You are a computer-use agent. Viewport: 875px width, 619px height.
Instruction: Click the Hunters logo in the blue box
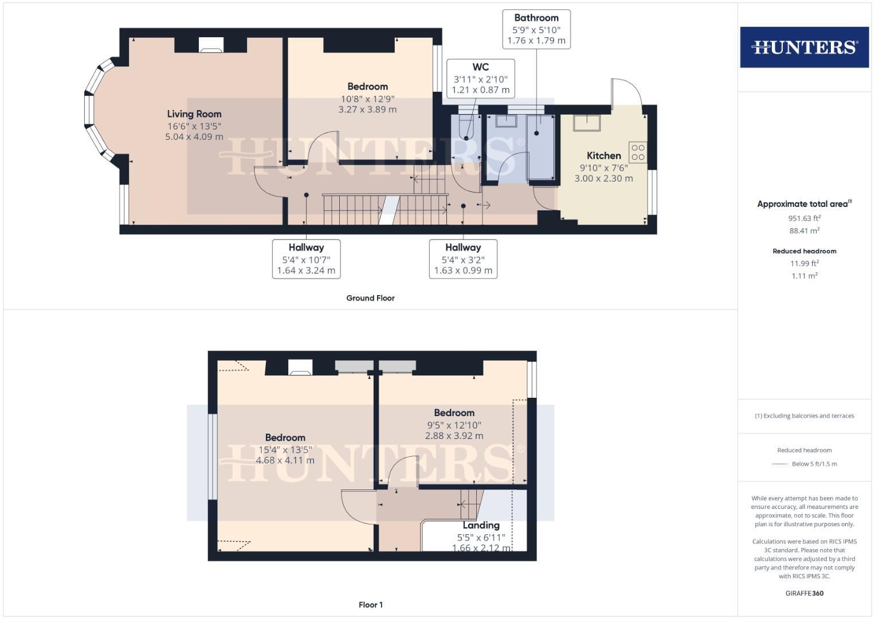tap(804, 47)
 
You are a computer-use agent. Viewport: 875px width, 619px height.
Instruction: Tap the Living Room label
tap(194, 114)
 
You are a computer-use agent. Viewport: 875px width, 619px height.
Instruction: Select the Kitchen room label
tap(603, 155)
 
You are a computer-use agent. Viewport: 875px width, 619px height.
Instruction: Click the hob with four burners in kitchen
tap(638, 152)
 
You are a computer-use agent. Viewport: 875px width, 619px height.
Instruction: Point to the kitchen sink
tap(587, 123)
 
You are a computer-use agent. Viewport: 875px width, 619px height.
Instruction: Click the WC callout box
tap(480, 78)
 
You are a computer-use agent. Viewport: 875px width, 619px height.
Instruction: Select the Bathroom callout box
tap(536, 29)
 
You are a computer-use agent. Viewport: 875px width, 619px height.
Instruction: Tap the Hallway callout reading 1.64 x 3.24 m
tap(306, 259)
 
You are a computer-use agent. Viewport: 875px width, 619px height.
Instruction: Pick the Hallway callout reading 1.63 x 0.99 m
tap(463, 259)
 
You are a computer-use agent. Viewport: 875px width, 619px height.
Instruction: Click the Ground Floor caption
tap(370, 298)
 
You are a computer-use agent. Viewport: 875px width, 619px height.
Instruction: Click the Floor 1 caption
tap(370, 605)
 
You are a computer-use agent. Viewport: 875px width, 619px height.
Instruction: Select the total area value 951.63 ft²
tap(804, 218)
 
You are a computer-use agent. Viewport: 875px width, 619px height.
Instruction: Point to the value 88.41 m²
tap(804, 231)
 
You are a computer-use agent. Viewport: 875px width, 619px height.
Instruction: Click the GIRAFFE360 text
tap(804, 594)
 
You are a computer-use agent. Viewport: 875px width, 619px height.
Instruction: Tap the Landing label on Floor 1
tap(481, 525)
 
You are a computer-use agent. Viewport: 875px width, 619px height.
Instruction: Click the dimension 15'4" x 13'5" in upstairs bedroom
tap(285, 449)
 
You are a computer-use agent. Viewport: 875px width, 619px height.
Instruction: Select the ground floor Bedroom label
tap(367, 87)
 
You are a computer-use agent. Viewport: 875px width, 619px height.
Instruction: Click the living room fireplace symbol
tap(211, 45)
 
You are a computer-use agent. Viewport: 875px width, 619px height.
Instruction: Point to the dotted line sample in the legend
tap(780, 464)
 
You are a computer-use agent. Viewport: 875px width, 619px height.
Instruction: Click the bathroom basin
tap(507, 121)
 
